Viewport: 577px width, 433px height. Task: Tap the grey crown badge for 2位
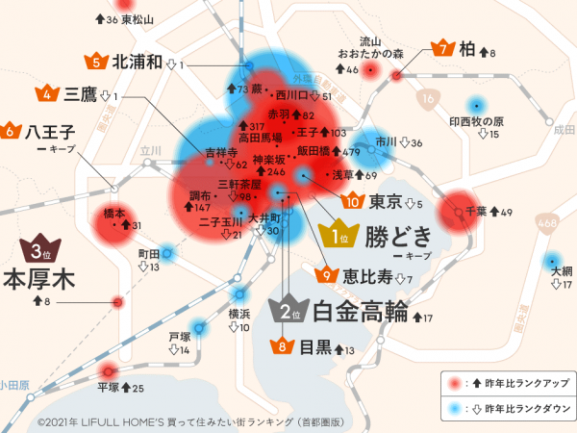click(x=291, y=310)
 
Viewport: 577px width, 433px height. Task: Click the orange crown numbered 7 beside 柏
click(x=443, y=48)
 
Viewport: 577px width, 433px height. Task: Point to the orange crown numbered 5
click(x=96, y=62)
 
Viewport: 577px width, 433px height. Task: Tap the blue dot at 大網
click(x=552, y=261)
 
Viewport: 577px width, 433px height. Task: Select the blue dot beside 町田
click(x=167, y=254)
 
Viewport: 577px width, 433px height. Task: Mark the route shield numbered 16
click(x=429, y=100)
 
